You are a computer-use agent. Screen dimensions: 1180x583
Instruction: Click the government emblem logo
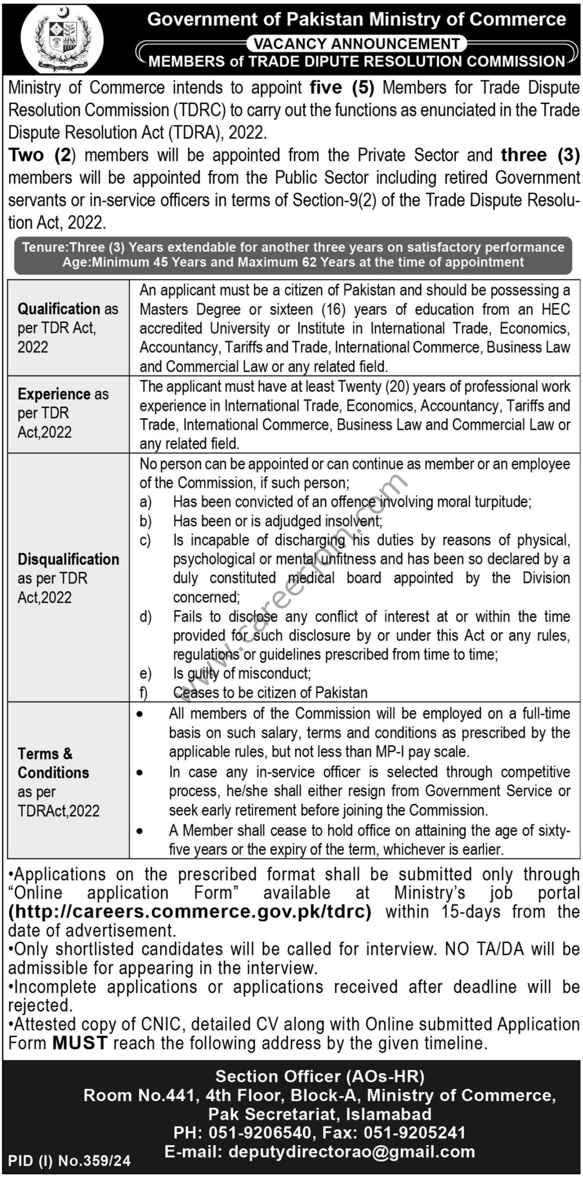pos(62,39)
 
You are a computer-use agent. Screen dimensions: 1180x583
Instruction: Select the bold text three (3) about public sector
pos(540,155)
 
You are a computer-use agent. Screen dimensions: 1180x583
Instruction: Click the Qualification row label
pos(68,327)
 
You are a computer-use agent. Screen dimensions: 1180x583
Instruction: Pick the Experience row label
pos(63,413)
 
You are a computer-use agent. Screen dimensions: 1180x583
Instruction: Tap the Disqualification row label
pos(68,578)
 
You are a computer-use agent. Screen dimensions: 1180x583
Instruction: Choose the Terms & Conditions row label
pos(59,782)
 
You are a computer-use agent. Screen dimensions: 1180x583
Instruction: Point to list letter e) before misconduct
pos(145,673)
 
